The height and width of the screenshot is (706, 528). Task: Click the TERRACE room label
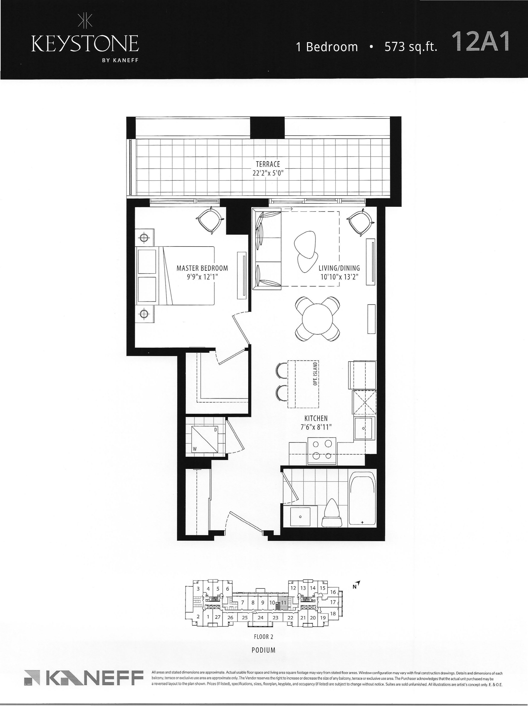[x=268, y=164]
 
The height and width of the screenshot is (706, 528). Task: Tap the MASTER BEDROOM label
[x=202, y=268]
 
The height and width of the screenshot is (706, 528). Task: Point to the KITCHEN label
[x=316, y=418]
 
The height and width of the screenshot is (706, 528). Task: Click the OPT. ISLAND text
[x=315, y=373]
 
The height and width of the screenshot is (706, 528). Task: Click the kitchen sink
[x=364, y=428]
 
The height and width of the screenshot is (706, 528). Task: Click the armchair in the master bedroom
[x=210, y=220]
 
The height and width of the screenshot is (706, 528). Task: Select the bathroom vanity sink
[x=300, y=516]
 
